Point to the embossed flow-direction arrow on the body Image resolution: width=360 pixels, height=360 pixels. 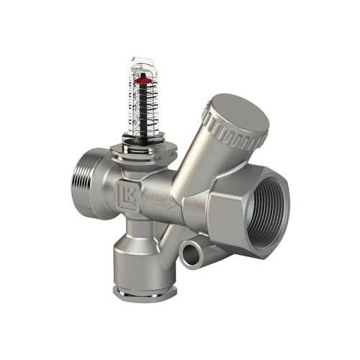pyautogui.click(x=168, y=204)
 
